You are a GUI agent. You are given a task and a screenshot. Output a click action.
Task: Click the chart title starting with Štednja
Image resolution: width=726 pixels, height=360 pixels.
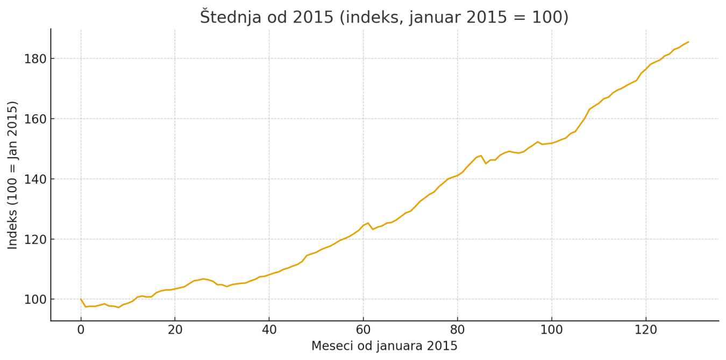point(384,17)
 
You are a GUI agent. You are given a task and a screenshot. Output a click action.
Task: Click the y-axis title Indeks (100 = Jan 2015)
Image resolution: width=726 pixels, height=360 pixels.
point(13,175)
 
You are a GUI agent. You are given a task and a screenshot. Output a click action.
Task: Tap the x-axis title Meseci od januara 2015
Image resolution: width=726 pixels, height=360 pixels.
point(384,346)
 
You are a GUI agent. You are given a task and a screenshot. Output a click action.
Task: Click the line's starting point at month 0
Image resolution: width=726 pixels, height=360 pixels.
point(81,299)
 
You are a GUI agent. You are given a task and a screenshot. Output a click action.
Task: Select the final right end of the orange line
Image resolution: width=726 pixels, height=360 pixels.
point(688,41)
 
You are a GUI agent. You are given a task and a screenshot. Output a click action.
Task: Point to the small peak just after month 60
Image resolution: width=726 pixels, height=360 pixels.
point(368,223)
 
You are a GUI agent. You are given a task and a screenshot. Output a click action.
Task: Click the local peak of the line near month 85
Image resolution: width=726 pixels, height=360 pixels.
point(481,156)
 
